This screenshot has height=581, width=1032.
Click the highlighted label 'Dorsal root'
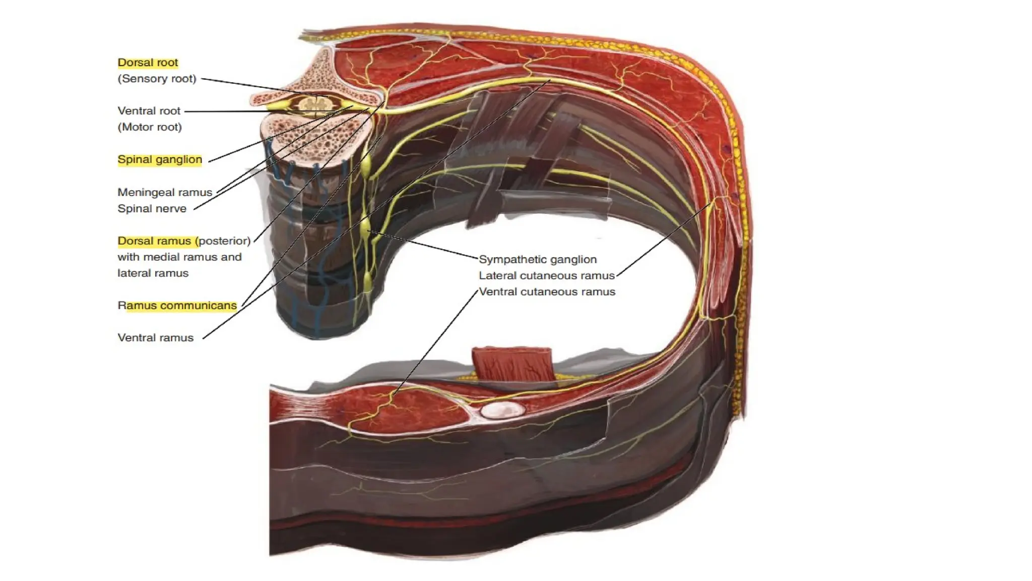click(148, 63)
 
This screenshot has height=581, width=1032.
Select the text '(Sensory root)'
click(157, 79)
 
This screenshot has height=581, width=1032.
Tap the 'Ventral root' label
click(149, 111)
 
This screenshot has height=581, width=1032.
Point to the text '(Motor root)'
click(150, 127)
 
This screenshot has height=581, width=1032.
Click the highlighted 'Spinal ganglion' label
click(160, 159)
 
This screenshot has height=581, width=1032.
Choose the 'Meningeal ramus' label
click(165, 192)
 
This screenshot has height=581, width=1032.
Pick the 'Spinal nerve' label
click(152, 208)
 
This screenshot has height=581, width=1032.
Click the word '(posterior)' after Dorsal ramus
click(225, 241)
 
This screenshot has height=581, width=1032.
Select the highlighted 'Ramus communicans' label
click(177, 306)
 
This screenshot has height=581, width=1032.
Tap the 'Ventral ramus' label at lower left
click(155, 338)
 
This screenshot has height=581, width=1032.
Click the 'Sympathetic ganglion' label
click(538, 259)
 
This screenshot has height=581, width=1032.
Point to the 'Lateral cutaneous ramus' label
click(547, 275)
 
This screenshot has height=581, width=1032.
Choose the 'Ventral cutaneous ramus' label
click(547, 292)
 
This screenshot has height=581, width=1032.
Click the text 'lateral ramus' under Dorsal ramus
click(153, 273)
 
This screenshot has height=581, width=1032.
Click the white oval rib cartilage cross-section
click(502, 411)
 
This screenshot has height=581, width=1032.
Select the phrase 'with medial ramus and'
click(179, 257)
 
